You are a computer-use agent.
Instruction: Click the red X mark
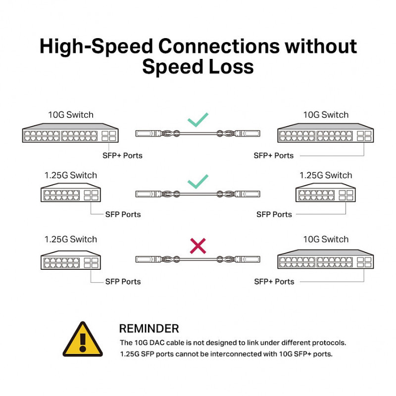pyautogui.click(x=198, y=246)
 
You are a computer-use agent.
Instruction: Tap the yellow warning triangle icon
pyautogui.click(x=82, y=340)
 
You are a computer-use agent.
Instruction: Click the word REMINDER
pyautogui.click(x=149, y=328)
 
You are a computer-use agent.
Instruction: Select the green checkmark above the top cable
pyautogui.click(x=198, y=120)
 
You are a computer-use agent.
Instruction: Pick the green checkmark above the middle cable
pyautogui.click(x=198, y=182)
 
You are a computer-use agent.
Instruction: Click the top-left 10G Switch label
pyautogui.click(x=70, y=115)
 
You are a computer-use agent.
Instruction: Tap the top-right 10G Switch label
pyautogui.click(x=326, y=115)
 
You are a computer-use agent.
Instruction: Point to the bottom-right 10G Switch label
pyautogui.click(x=326, y=240)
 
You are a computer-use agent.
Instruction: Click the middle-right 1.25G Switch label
pyautogui.click(x=326, y=175)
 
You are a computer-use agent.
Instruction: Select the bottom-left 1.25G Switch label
pyautogui.click(x=70, y=240)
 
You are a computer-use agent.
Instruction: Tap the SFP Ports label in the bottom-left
pyautogui.click(x=123, y=282)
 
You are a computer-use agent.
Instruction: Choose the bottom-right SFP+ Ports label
pyautogui.click(x=274, y=282)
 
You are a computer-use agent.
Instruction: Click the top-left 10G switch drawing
pyautogui.click(x=71, y=133)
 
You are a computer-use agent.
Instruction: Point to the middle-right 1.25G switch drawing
pyautogui.click(x=326, y=194)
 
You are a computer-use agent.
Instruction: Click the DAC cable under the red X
pyautogui.click(x=198, y=259)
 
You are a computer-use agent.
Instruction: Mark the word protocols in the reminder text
pyautogui.click(x=328, y=343)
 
